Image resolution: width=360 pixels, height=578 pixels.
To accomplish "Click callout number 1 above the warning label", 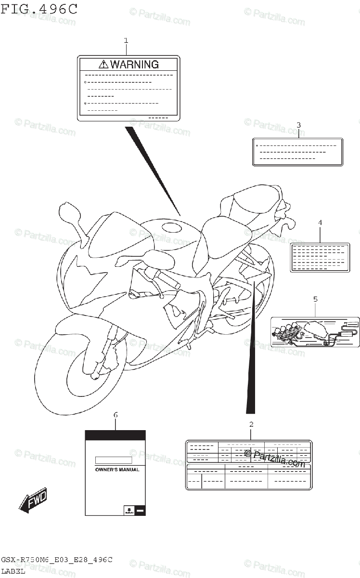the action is coord(126,40).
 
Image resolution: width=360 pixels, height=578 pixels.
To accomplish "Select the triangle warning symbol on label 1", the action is coord(103,64).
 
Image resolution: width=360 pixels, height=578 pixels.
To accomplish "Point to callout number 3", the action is coord(298,125).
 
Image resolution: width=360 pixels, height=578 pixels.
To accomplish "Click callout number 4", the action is coord(320,223).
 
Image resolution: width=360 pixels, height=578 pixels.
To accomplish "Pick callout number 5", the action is coord(315,299).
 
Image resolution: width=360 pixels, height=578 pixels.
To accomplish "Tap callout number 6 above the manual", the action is coord(116,415).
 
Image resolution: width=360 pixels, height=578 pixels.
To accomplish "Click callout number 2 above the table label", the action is coord(251,424).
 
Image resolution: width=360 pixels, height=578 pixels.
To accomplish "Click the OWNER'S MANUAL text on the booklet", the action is coord(117,469).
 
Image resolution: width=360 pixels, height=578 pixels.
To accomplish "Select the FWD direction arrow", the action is coord(33,500).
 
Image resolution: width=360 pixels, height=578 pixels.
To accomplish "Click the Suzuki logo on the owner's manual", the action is coord(129,510).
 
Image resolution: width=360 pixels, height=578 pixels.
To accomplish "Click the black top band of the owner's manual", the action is coord(116,435).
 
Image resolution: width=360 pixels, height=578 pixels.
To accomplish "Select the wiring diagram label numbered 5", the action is coord(315,331).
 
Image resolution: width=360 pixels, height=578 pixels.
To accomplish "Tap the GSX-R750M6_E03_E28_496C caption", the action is coord(57,560).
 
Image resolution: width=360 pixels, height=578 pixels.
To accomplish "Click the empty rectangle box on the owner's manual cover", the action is coord(113,460).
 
